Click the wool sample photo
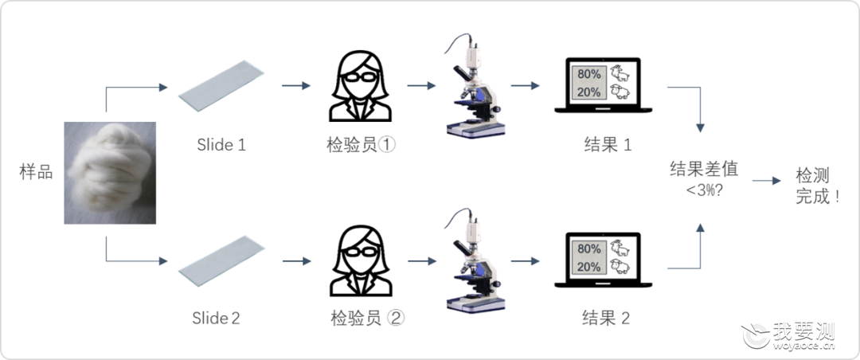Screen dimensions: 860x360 110,173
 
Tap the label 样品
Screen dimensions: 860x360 36,172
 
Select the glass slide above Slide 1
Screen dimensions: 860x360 221,85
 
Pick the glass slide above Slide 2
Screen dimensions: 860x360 221,260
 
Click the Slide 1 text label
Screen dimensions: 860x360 221,145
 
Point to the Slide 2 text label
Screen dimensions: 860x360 216,319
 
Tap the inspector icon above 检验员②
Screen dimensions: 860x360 361,261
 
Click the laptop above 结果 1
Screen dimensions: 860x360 604,85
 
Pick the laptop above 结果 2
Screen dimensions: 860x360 604,260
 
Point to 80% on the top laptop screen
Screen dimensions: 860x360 588,74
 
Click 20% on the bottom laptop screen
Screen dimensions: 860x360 588,268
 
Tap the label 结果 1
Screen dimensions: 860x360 608,144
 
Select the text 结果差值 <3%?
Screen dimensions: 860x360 704,178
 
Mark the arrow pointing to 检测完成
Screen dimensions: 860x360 767,181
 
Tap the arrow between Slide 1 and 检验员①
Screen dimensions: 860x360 296,85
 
